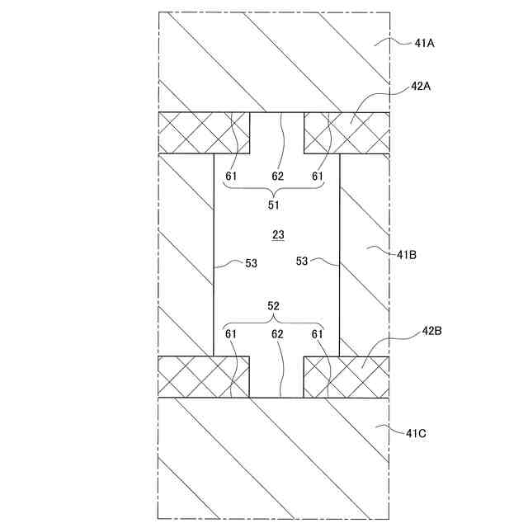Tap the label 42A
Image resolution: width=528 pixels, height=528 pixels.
point(422,86)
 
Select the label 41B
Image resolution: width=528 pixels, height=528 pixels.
point(406,254)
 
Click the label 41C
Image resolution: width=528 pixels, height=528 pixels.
point(417,431)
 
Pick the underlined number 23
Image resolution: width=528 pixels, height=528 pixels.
point(278,235)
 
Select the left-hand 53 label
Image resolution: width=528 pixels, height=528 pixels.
point(251,263)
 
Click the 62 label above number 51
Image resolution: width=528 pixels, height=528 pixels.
point(278,176)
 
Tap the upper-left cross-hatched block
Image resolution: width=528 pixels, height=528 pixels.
point(205,133)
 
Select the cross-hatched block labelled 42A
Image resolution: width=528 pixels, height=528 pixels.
point(346,133)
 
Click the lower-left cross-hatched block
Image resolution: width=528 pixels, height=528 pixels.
point(205,377)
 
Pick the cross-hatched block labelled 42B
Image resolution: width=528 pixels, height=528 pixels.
point(346,377)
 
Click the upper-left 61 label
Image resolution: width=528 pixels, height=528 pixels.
point(232,176)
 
